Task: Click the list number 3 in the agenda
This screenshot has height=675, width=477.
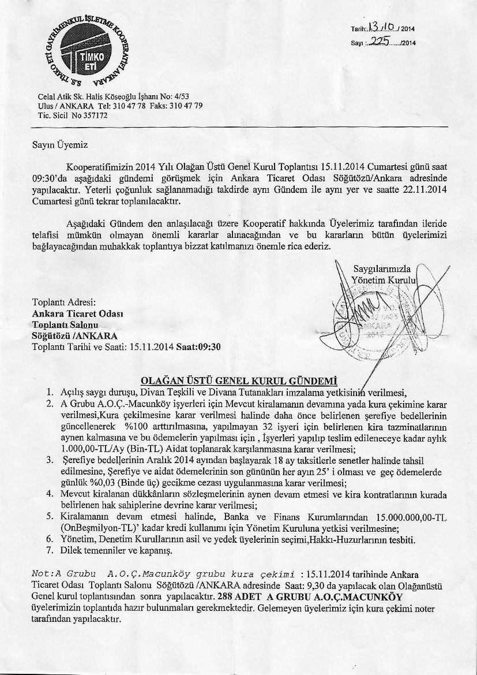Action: pos(50,460)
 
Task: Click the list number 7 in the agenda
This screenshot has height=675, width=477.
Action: pos(50,550)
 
